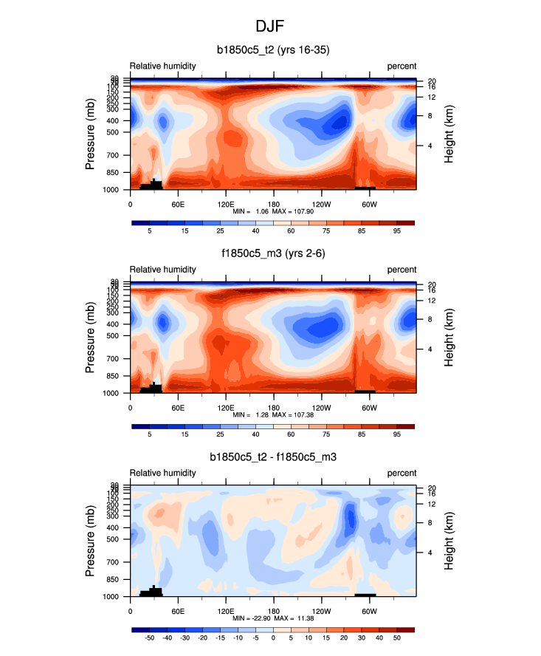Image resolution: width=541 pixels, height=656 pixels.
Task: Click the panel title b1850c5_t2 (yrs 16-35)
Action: [x=272, y=51]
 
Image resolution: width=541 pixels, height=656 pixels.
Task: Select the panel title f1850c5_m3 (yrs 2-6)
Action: [x=273, y=254]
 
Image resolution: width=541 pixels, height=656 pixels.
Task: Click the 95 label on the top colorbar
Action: [x=396, y=232]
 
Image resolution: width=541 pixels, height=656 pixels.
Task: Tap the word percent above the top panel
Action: [x=402, y=66]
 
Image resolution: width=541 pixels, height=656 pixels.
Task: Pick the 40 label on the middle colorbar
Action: [x=255, y=435]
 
